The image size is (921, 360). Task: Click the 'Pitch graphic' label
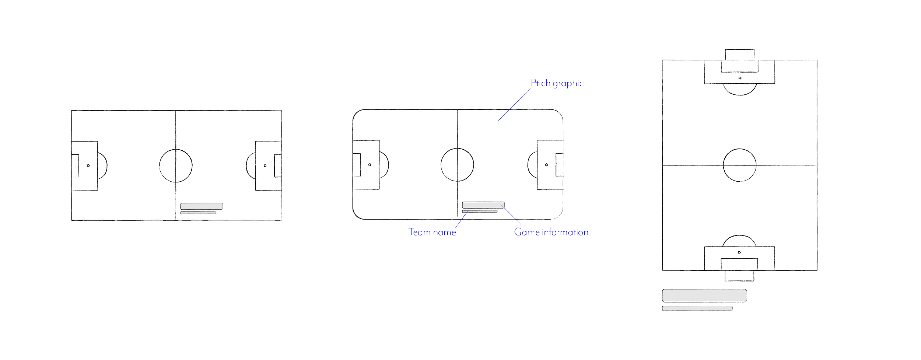point(557,83)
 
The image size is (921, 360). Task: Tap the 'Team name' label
point(432,232)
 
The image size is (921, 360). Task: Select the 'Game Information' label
point(551,232)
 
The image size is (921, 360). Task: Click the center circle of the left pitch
point(176,165)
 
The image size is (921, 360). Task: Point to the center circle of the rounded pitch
point(457,165)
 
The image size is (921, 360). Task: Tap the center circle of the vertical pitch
point(739,165)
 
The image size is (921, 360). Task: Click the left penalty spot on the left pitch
point(88,166)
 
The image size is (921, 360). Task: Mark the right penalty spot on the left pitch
point(265,166)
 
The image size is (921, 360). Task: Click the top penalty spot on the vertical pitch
point(740,78)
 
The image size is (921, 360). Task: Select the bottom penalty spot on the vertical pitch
point(739,252)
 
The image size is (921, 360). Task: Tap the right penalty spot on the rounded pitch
point(546,165)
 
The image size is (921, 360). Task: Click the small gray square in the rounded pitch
point(371,159)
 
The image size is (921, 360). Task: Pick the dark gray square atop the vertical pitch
point(767,69)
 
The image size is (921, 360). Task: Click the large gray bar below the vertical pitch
point(704,296)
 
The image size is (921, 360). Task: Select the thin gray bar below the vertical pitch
point(697,308)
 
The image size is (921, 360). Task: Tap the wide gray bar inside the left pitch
point(202,206)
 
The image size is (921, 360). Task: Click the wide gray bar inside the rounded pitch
point(483,205)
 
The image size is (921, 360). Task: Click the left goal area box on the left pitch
point(76,166)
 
